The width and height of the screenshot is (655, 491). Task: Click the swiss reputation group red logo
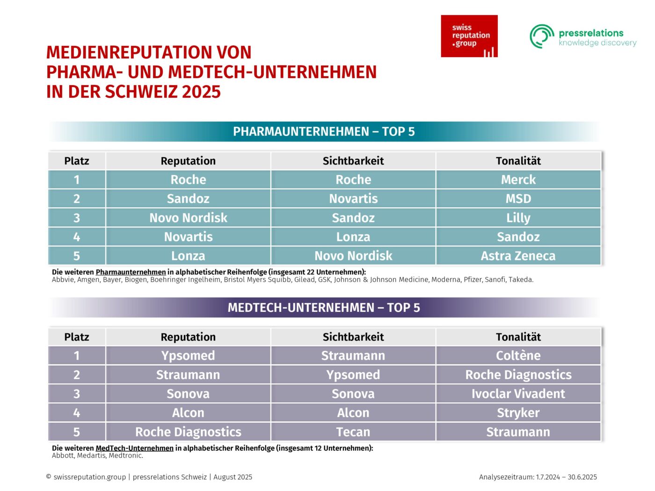[469, 36]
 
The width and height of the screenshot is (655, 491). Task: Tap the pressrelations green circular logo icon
[542, 36]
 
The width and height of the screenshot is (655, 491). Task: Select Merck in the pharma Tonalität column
[518, 180]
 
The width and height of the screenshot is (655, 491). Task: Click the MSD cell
[518, 199]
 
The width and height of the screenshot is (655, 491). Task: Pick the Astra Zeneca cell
[518, 256]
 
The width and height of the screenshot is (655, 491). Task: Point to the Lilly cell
[518, 218]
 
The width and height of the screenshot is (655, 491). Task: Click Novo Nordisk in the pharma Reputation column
[188, 218]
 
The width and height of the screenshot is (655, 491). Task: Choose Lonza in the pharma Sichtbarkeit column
[353, 237]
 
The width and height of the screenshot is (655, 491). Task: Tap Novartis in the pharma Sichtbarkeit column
[353, 199]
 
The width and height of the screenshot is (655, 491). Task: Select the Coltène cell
[518, 356]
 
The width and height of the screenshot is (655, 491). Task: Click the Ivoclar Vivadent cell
[518, 394]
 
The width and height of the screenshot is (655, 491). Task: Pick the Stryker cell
[518, 413]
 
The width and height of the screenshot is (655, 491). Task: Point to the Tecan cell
[353, 432]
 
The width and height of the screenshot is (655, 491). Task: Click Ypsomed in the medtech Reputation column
[188, 356]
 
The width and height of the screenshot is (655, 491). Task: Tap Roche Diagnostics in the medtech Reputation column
[188, 432]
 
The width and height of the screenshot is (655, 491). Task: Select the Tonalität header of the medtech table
[518, 337]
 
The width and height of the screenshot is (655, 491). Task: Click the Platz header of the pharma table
[77, 161]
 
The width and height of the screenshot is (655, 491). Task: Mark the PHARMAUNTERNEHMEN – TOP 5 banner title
[324, 131]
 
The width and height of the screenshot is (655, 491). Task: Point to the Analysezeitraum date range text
[538, 477]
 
